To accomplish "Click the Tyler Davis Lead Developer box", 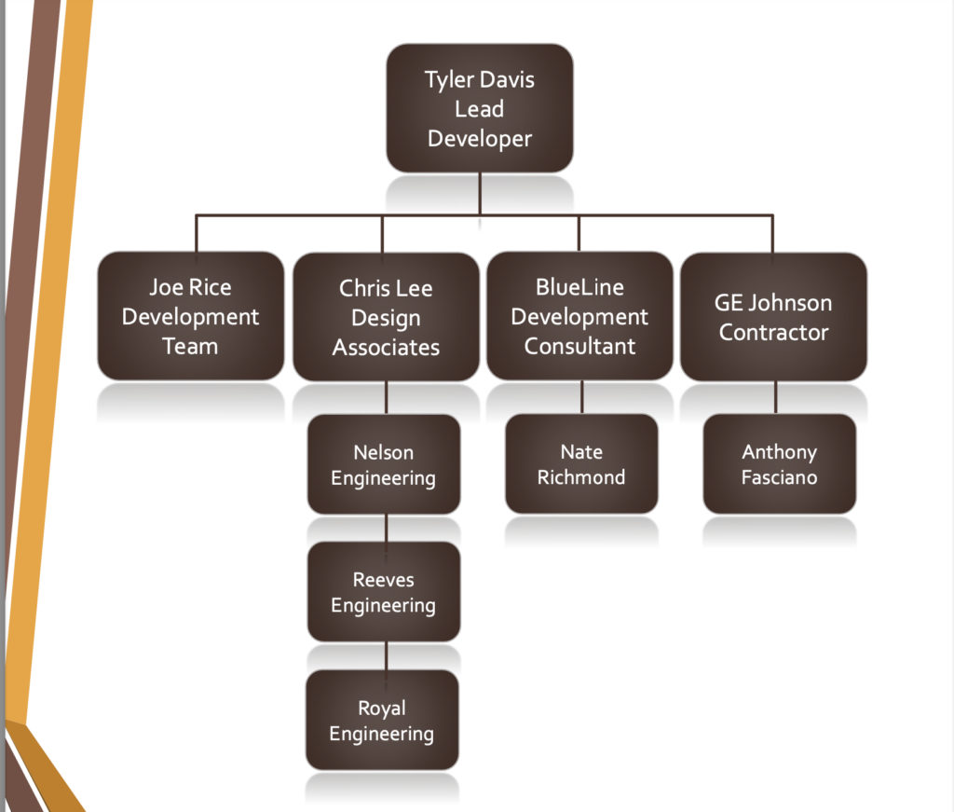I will (479, 108).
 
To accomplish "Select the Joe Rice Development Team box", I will (190, 316).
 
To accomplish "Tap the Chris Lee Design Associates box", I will (386, 317).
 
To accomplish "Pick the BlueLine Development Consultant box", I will (579, 316).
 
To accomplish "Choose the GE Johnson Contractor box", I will (773, 317).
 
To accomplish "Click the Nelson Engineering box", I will (384, 464).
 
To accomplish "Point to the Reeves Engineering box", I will (384, 592).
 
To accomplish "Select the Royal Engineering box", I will (382, 720).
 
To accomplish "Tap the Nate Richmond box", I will (581, 464).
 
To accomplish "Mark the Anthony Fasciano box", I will (779, 464).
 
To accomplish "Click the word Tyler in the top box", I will (450, 79).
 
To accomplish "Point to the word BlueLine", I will (579, 287).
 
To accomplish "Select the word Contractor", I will (773, 332).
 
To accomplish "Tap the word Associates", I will (386, 348).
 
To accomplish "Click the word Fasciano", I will (779, 477).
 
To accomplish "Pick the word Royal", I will (382, 708).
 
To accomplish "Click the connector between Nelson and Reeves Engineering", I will (387, 529).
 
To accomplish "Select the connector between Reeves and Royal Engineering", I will (387, 656).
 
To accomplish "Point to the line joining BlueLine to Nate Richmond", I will (582, 397).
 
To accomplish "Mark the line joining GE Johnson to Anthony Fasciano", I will (776, 398).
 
